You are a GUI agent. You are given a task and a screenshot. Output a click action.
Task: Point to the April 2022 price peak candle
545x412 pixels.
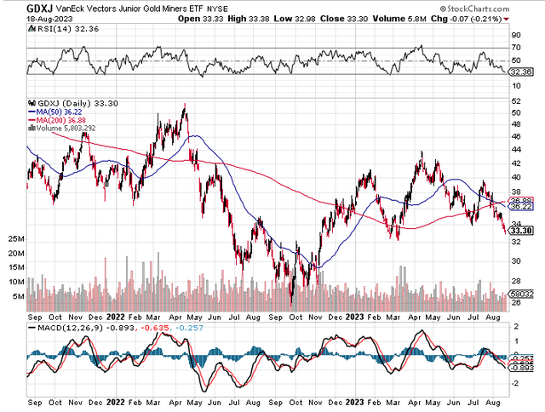pyautogui.click(x=185, y=106)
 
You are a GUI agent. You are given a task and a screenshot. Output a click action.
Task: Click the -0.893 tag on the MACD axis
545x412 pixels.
pyautogui.click(x=522, y=368)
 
